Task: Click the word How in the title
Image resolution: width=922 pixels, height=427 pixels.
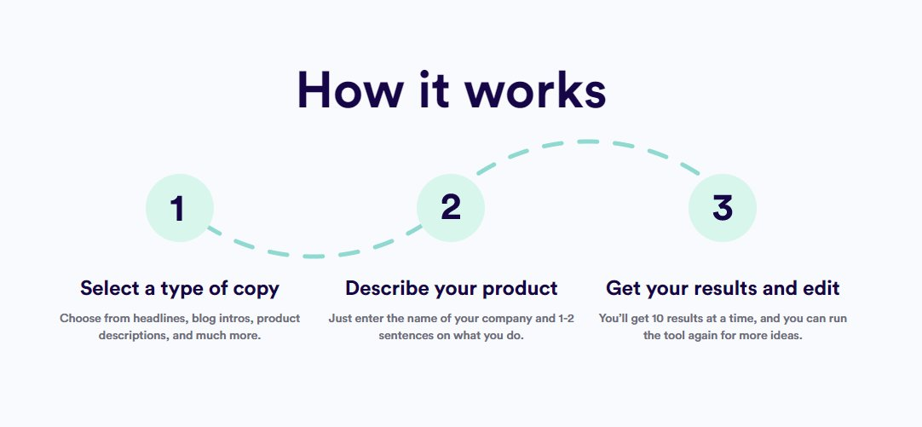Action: point(350,90)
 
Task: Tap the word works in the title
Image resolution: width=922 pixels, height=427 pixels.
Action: point(535,90)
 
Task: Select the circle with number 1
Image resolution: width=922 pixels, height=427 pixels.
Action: point(179,208)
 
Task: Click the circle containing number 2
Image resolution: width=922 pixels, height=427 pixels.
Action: point(451,208)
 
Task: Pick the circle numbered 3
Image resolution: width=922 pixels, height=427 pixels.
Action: point(722,208)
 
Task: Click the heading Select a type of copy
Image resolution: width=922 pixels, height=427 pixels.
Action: point(179,288)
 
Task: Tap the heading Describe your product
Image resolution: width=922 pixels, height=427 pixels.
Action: point(451,288)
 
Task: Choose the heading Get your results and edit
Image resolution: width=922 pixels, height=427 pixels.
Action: point(723,288)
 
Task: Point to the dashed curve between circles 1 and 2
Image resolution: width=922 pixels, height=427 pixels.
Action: point(314,257)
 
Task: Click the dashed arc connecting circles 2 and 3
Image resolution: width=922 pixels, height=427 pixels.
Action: point(588,141)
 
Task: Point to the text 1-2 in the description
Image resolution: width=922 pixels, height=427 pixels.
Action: point(565,318)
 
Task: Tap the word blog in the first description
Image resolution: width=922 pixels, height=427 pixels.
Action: point(204,318)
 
